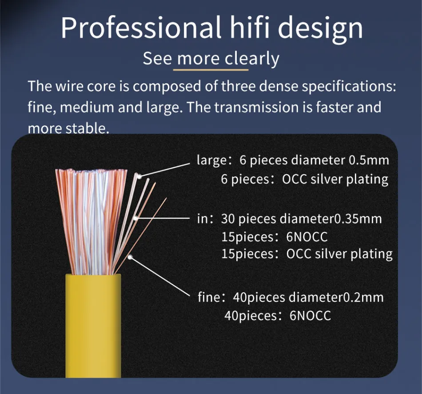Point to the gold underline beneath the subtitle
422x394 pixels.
pyautogui.click(x=211, y=70)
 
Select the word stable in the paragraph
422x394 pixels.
pyautogui.click(x=88, y=128)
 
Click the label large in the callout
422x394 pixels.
pyautogui.click(x=212, y=161)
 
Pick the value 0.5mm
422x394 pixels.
pyautogui.click(x=369, y=160)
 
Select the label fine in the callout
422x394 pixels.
pyautogui.click(x=209, y=297)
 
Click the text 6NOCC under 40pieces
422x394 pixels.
pyautogui.click(x=310, y=316)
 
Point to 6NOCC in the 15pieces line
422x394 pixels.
pyautogui.click(x=307, y=237)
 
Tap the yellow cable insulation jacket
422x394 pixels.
pyautogui.click(x=93, y=326)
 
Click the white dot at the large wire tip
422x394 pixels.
pyautogui.click(x=139, y=176)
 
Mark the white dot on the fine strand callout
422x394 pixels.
pyautogui.click(x=130, y=257)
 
